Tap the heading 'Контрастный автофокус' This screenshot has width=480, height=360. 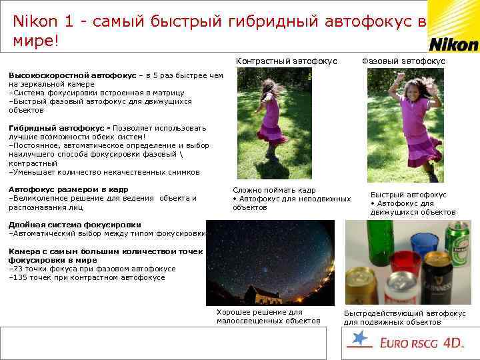(x=286, y=61)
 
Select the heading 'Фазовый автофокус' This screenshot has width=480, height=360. (x=403, y=61)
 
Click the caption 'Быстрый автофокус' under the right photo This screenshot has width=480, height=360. (x=408, y=195)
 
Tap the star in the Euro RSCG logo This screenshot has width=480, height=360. (x=361, y=339)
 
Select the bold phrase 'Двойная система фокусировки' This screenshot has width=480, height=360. (x=74, y=225)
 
